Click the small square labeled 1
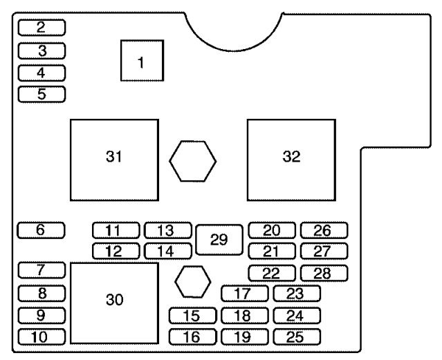[142, 61]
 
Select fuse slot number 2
[42, 28]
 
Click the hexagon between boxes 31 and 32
[193, 162]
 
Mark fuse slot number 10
[42, 337]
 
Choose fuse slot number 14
[167, 252]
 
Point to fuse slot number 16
[192, 337]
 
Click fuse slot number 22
[270, 273]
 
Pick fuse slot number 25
[297, 337]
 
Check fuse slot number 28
[323, 273]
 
